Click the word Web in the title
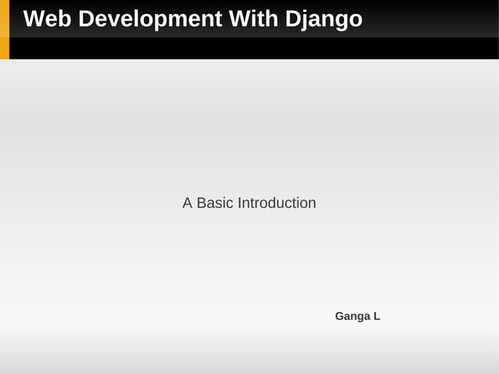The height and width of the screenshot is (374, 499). coord(45,19)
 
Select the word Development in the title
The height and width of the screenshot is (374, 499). coord(146,19)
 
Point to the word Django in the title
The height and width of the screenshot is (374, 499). coord(323,19)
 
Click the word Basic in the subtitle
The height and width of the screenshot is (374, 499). coord(215,203)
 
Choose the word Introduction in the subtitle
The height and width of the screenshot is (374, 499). coord(277,203)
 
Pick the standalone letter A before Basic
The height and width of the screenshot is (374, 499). coord(188,203)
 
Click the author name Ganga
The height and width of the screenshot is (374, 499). coord(352,316)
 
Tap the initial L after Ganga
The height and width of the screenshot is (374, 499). coord(376,316)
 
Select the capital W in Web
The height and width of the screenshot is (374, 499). coord(34,19)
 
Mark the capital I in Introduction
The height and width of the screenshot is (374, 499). coord(239,203)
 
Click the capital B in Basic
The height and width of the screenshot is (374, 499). coord(201,203)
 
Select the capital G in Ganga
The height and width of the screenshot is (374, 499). coord(339,316)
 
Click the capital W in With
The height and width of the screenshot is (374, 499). coord(238,19)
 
